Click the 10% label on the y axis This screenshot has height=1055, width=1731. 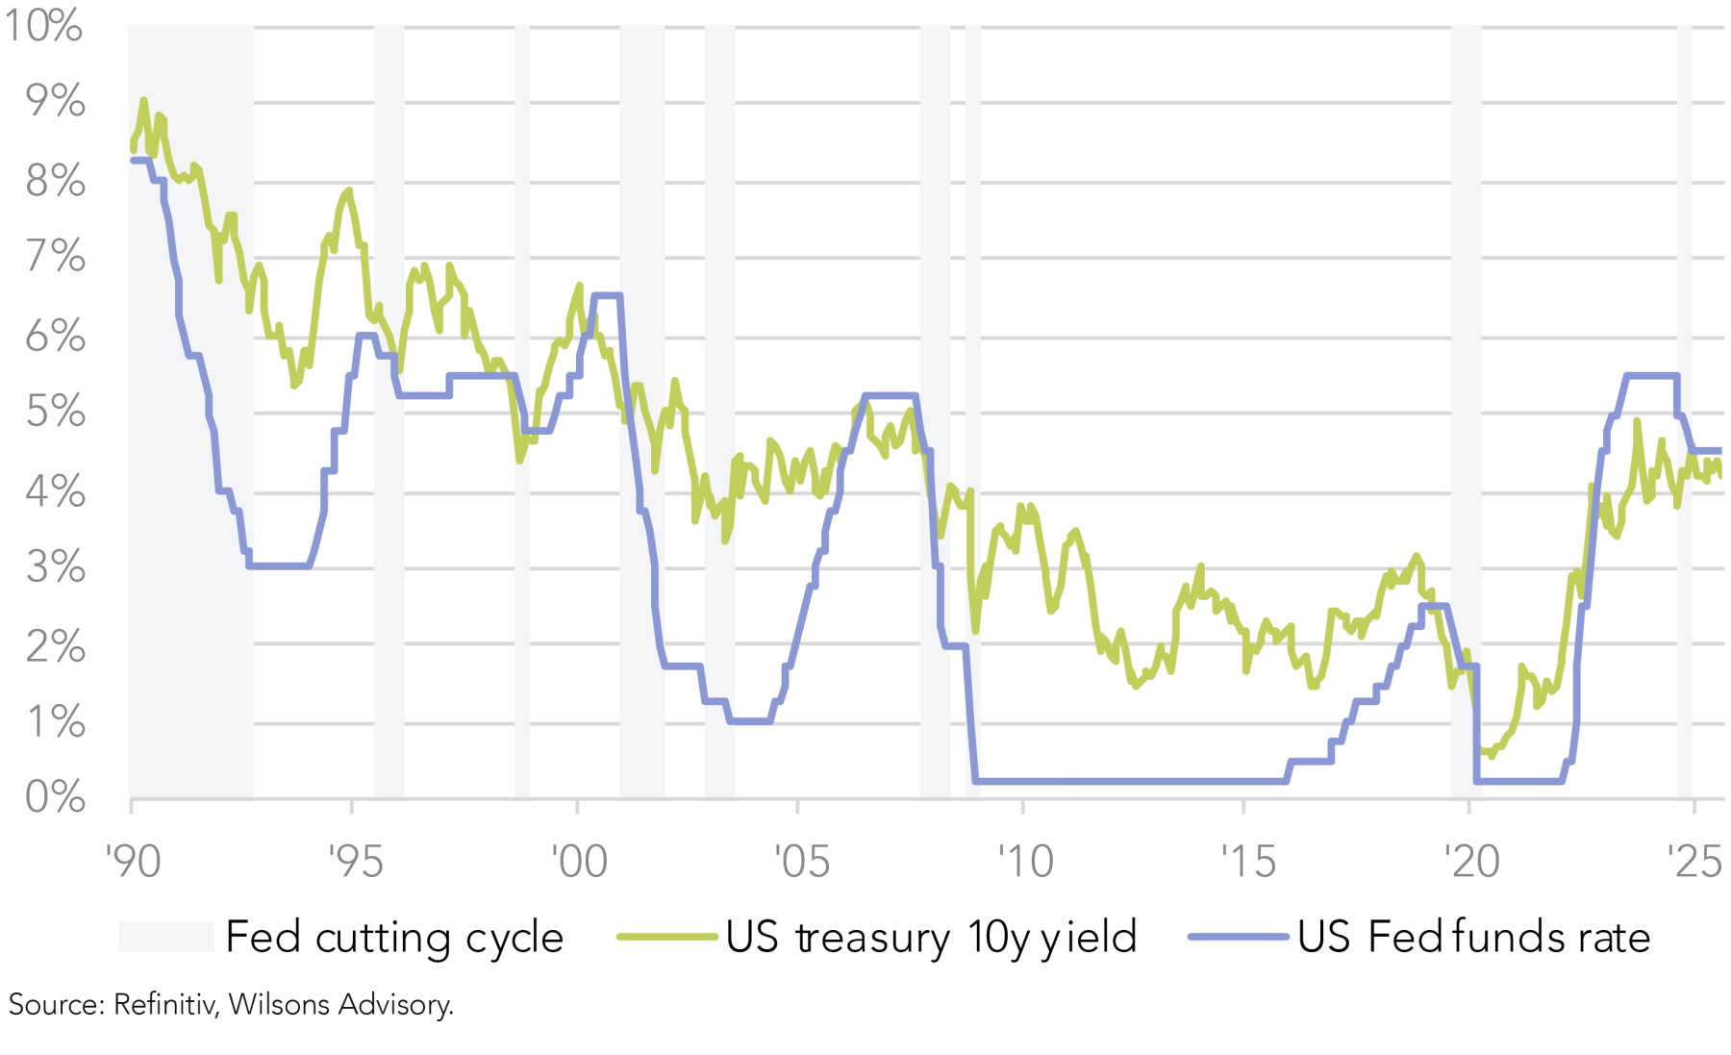tap(44, 25)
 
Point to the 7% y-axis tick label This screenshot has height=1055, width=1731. tap(56, 257)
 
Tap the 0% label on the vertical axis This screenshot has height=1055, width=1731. tap(56, 797)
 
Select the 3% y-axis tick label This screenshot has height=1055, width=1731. tap(56, 567)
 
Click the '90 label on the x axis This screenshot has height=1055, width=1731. tap(133, 861)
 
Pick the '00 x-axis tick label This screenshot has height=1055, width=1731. tap(579, 861)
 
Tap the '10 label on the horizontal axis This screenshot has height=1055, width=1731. tap(1025, 861)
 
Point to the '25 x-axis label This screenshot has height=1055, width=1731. tap(1694, 861)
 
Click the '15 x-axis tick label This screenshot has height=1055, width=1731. tap(1247, 861)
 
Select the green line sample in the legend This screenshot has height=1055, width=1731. tap(666, 937)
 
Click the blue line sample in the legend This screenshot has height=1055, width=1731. tap(1238, 937)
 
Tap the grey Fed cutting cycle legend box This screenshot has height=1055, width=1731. tap(165, 937)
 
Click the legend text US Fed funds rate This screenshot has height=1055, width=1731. tap(1473, 937)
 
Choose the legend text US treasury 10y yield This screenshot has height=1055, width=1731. tap(931, 937)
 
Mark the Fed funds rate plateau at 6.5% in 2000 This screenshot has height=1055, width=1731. tap(607, 295)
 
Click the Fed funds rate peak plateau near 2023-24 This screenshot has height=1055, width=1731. tap(1651, 375)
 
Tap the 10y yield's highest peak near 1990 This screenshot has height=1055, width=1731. tap(143, 100)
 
